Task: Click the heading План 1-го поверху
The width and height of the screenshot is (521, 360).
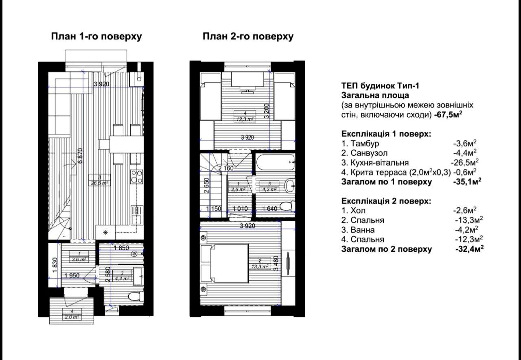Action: (96, 37)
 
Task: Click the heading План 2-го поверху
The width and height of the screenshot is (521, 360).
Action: (248, 37)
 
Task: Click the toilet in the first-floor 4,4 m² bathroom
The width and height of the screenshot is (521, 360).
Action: (136, 296)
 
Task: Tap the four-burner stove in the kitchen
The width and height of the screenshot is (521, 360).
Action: (136, 177)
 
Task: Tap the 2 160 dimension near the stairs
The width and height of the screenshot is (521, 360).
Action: (225, 168)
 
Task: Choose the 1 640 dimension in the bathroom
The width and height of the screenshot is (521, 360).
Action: (270, 208)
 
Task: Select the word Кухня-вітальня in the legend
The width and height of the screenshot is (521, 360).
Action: (380, 163)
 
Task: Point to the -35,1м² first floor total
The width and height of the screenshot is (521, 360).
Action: (467, 181)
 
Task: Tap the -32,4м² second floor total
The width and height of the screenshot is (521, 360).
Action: (470, 249)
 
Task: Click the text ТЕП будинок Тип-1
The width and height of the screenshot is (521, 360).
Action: (380, 86)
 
